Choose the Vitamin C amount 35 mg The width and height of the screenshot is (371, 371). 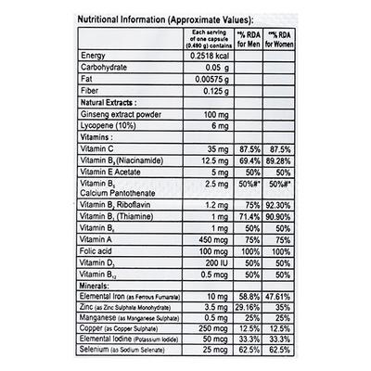[x=217, y=187]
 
